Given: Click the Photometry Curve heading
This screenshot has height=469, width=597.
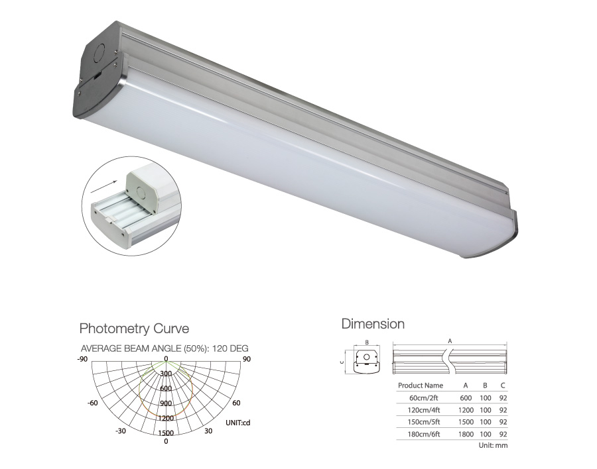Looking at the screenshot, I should (x=134, y=329).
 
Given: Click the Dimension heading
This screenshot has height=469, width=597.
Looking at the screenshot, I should (x=373, y=325).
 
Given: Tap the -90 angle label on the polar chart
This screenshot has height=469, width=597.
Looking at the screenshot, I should (x=82, y=359).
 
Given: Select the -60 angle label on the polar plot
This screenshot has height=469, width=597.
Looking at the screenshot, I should (x=93, y=403).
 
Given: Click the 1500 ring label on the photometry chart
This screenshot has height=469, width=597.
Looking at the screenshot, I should (x=166, y=433).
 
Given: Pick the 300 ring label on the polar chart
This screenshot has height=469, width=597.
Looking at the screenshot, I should (x=166, y=374).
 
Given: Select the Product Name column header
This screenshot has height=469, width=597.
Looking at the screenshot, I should (x=421, y=386).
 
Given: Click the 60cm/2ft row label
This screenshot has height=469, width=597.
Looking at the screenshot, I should (x=425, y=398).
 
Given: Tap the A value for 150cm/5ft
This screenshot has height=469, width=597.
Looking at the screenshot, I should (x=466, y=421).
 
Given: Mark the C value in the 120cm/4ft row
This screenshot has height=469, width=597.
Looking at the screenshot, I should (x=503, y=409).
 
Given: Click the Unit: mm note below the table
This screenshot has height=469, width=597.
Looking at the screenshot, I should (x=493, y=445).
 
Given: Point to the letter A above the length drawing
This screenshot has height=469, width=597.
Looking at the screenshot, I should (x=450, y=340).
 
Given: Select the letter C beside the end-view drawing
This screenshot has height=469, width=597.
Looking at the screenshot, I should (x=342, y=362).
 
